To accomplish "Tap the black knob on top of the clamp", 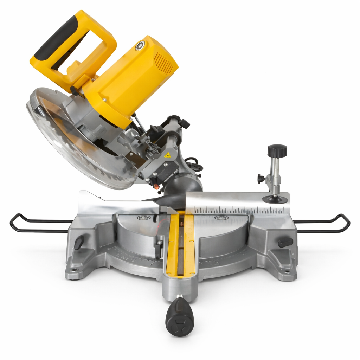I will [277, 151].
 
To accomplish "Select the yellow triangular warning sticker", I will [167, 155].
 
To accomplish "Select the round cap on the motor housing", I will [140, 45].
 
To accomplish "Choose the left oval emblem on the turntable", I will [143, 218].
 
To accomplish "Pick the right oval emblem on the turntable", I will [221, 218].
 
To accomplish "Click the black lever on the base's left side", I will [79, 242].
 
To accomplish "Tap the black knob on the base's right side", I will [285, 243].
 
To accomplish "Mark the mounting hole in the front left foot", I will [74, 270].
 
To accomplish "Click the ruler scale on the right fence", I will [239, 210].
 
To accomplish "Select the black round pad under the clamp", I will [275, 200].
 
